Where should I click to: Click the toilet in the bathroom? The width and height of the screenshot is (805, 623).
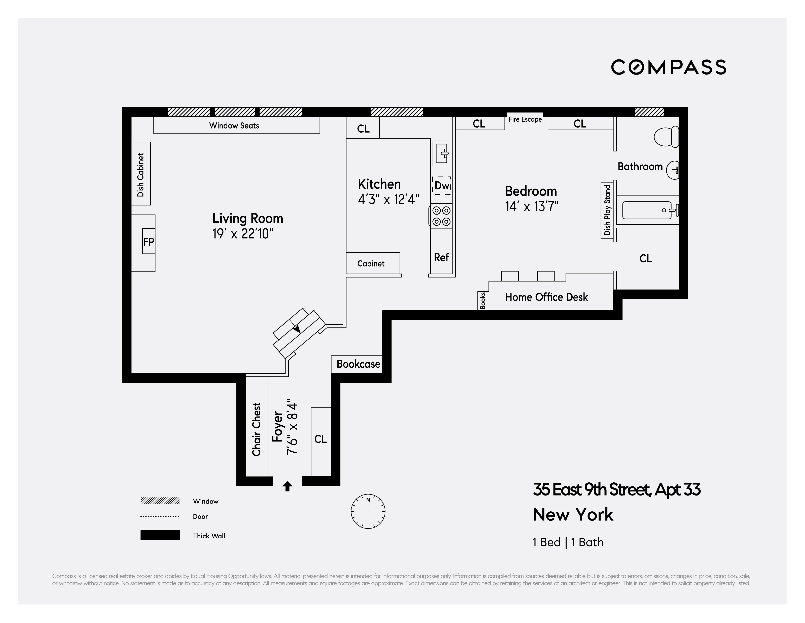(666, 137)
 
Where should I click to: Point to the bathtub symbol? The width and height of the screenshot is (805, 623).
(647, 210)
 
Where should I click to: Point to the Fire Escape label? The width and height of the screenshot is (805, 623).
(525, 119)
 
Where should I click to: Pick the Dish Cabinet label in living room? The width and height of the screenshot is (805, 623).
(140, 175)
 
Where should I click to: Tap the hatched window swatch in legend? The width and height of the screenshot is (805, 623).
(160, 501)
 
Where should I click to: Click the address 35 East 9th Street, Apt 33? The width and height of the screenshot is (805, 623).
(616, 490)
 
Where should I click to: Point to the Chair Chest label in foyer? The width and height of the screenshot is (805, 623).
(257, 429)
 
